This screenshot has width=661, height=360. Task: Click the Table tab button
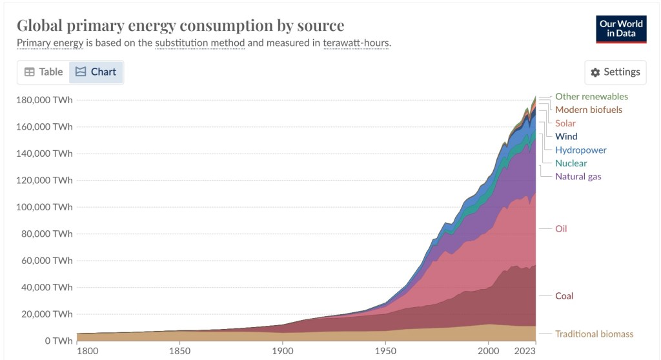(43, 72)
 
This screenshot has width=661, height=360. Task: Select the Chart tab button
(96, 72)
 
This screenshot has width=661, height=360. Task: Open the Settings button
(615, 72)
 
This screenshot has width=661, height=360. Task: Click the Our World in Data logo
(621, 29)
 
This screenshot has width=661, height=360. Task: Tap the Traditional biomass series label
(594, 334)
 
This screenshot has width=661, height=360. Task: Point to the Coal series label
(564, 295)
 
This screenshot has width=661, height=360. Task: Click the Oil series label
(561, 228)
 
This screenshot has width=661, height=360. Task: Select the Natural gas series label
(578, 176)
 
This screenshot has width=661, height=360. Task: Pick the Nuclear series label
(571, 163)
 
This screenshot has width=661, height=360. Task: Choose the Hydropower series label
(580, 150)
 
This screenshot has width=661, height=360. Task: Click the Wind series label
(566, 136)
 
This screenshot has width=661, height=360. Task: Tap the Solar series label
(565, 123)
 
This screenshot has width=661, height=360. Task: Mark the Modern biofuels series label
(588, 110)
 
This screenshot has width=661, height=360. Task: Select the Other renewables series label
(591, 96)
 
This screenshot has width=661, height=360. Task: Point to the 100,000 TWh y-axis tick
(45, 207)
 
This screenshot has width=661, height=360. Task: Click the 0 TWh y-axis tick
(56, 341)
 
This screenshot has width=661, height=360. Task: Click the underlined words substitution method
(200, 43)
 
